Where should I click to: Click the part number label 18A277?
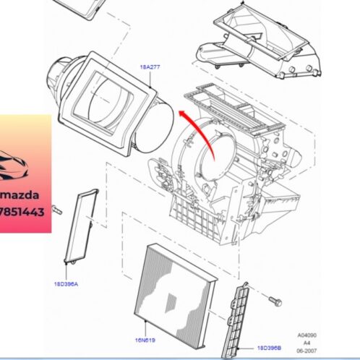point(151,66)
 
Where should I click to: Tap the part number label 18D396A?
point(65,284)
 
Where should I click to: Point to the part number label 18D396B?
point(267,348)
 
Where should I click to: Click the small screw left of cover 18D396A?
point(59,210)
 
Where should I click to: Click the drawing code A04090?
point(309,335)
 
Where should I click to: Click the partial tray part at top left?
point(79,7)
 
